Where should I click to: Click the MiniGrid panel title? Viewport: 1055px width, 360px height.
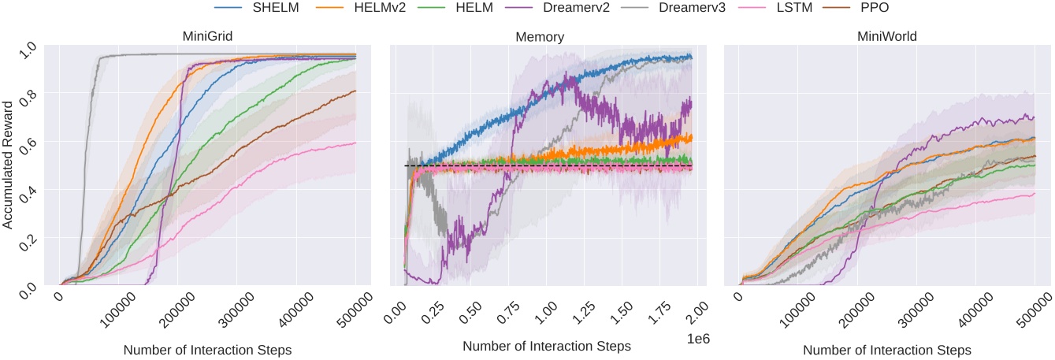(209, 35)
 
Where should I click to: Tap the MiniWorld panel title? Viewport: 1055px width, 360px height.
(886, 35)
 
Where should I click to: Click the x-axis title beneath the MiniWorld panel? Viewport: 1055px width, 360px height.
(886, 349)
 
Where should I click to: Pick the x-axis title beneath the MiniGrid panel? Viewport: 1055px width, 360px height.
(207, 349)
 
